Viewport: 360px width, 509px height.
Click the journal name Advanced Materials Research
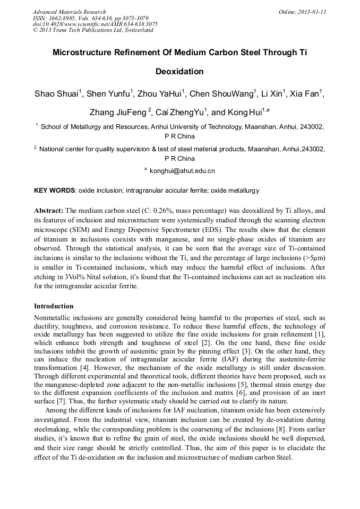coord(69,12)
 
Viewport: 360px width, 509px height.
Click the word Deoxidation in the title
coord(179,71)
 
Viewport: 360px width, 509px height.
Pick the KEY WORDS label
coord(55,190)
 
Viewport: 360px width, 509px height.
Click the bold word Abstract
coord(49,211)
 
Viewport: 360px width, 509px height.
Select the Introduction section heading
coord(54,306)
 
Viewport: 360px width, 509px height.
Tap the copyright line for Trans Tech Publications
coord(93,30)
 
